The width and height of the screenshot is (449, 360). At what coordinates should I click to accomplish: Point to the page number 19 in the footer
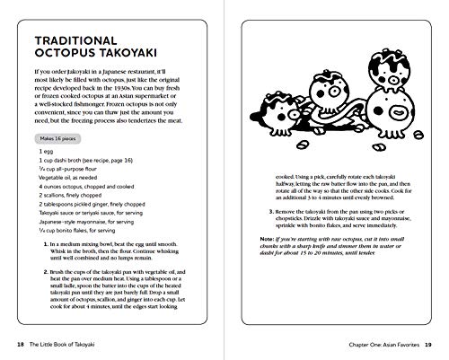428,342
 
